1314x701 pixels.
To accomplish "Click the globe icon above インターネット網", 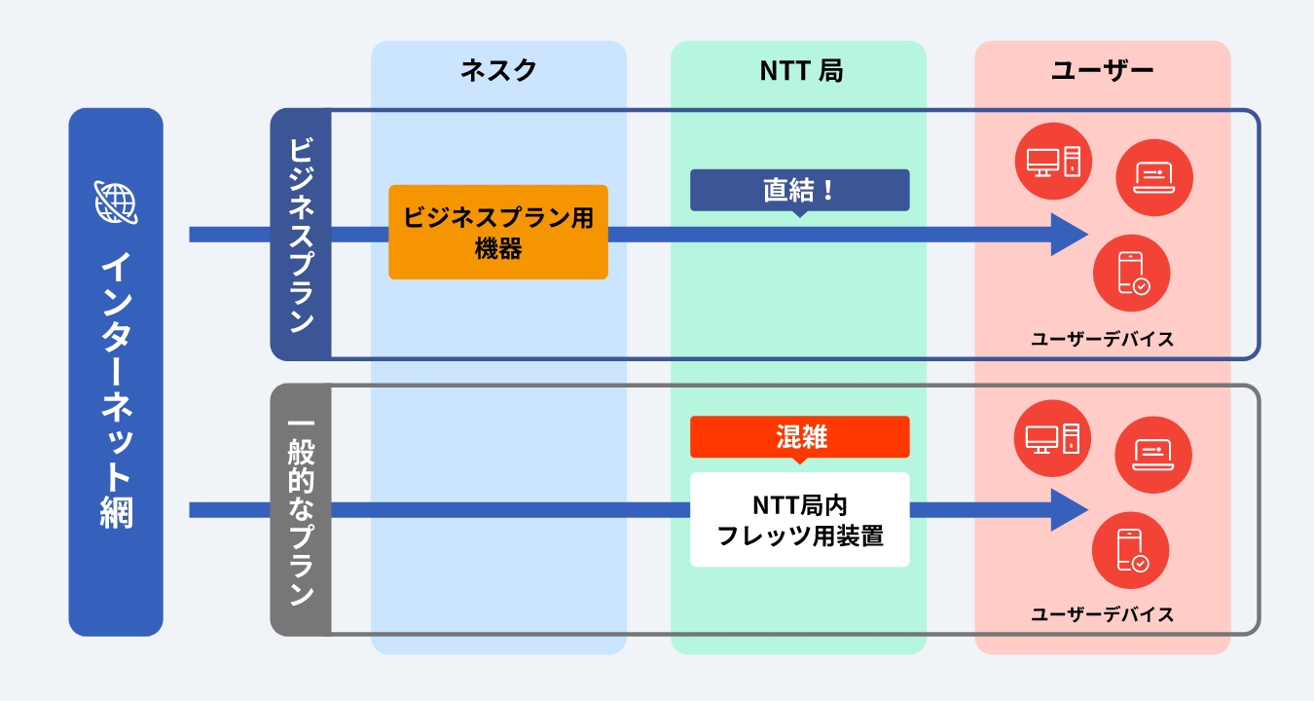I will (x=116, y=202).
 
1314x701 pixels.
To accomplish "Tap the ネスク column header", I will (x=498, y=71).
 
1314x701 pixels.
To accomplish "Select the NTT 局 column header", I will (x=799, y=71).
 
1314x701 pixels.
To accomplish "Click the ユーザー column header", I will (x=1102, y=71).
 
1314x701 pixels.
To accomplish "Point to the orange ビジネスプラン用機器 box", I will (x=498, y=233).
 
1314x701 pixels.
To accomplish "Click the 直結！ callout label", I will (x=799, y=190).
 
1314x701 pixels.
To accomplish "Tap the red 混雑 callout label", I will (x=799, y=437).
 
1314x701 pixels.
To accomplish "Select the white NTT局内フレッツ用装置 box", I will (x=799, y=520).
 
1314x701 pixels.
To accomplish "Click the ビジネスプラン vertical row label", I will (x=301, y=234).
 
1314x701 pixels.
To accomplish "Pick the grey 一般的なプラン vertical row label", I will (x=301, y=509).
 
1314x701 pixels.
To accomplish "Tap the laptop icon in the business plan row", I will (x=1154, y=177).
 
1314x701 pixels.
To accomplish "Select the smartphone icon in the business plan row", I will (x=1131, y=273).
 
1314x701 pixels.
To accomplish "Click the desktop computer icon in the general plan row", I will (x=1053, y=436).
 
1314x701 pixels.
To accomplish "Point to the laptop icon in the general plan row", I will (x=1154, y=454).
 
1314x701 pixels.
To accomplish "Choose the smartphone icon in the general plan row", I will (x=1131, y=550).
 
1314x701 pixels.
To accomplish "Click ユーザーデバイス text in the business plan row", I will (x=1102, y=340).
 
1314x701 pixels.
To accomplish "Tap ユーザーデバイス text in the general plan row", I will (x=1102, y=615).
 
